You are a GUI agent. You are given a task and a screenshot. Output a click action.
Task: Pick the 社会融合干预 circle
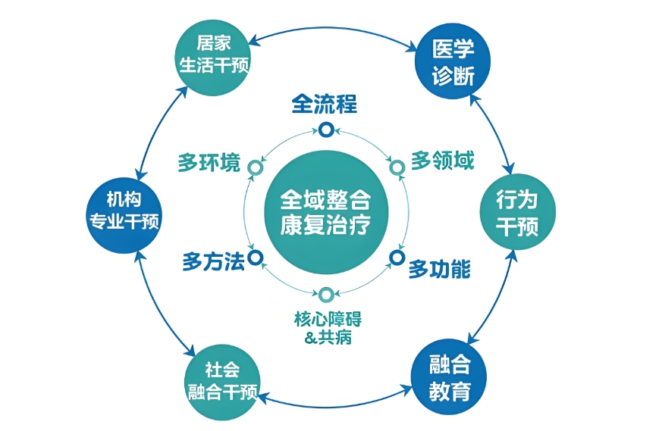(222, 380)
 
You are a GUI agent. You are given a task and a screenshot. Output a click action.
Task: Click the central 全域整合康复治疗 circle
(325, 212)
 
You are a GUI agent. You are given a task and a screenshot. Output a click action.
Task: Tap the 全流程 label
(325, 104)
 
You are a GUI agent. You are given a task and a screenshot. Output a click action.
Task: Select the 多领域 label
(442, 161)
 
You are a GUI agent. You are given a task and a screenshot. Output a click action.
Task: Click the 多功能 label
(440, 269)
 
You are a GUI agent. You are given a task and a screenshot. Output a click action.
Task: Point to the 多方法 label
(213, 262)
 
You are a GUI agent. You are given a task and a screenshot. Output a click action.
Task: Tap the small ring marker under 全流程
(325, 130)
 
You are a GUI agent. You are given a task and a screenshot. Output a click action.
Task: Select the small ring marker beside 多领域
(396, 167)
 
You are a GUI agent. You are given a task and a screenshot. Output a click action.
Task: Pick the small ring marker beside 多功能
(397, 258)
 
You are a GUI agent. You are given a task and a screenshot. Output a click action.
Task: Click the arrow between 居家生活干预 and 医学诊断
(334, 23)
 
